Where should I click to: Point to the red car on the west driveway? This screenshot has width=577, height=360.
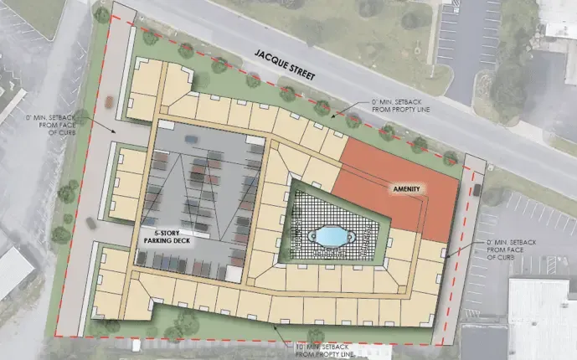pyautogui.click(x=109, y=102)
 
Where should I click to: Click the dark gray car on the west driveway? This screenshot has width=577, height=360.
pyautogui.click(x=90, y=222)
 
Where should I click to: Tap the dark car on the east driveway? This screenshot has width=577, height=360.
pyautogui.click(x=477, y=190)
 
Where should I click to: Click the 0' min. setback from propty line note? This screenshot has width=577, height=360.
pyautogui.click(x=403, y=108)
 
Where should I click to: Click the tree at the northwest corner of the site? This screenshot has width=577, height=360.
pyautogui.click(x=102, y=14)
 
